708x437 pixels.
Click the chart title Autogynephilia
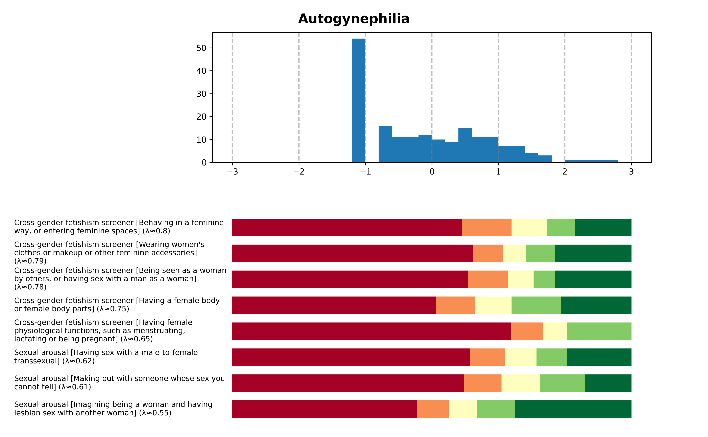[x=354, y=19]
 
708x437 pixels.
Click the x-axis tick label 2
[x=564, y=172]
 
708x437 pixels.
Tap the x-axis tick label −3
[x=232, y=172]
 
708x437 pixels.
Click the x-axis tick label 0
[x=432, y=172]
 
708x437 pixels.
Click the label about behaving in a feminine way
[x=119, y=227]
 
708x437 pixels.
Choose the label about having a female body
[x=117, y=305]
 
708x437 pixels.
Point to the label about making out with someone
[x=119, y=383]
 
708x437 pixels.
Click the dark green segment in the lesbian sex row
[x=573, y=409]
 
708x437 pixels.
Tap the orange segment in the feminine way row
[x=486, y=227]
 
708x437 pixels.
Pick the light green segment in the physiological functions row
[x=599, y=331]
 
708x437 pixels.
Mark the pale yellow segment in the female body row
[x=493, y=305]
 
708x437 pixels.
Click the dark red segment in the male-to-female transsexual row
[x=351, y=357]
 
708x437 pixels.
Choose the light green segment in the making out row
[x=562, y=383]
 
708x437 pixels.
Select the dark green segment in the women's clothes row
[x=593, y=253]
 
